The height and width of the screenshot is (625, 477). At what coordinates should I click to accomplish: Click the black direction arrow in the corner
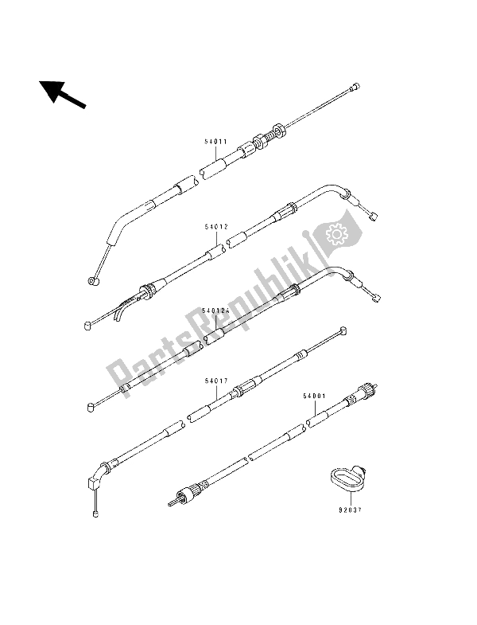62,94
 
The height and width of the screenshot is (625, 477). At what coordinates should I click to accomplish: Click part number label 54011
215,142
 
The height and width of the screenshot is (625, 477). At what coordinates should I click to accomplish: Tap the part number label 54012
216,227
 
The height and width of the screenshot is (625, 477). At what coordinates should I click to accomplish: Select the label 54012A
215,310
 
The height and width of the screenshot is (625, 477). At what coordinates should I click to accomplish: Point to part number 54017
216,381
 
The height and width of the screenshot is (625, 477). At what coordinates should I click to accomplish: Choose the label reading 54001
314,396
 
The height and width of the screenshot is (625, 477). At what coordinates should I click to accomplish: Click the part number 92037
350,510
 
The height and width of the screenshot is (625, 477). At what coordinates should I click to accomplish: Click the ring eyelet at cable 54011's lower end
94,281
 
